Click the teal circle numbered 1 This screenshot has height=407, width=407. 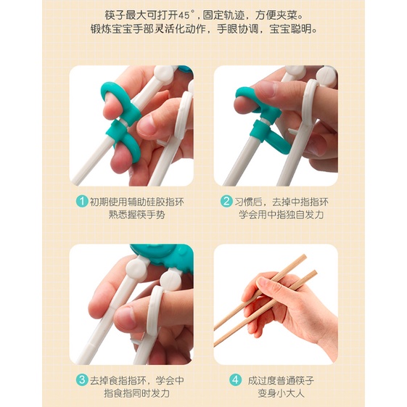click(x=82, y=201)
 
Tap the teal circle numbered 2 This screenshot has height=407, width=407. click(x=226, y=201)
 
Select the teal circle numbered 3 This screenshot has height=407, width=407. click(x=82, y=380)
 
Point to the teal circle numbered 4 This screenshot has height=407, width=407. click(x=235, y=380)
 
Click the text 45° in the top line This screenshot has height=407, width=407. click(x=186, y=15)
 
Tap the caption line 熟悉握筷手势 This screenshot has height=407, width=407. click(x=137, y=215)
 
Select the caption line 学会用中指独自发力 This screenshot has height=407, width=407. click(x=281, y=215)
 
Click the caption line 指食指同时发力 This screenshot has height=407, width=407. click(x=137, y=393)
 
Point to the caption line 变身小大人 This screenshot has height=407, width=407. click(x=281, y=393)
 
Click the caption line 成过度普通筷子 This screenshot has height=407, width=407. click(x=281, y=381)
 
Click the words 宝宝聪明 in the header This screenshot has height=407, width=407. click(x=293, y=29)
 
